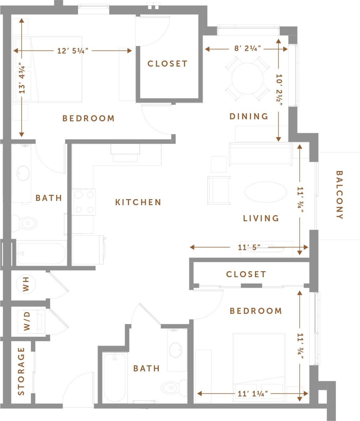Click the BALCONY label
339,195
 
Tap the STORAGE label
21,371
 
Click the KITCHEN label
138,202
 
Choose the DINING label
249,116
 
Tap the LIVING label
261,218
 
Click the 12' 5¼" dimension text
73,51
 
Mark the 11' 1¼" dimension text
253,394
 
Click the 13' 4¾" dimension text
22,78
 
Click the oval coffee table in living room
265,192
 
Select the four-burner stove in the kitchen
84,202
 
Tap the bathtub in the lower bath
114,378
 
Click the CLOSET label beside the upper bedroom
168,64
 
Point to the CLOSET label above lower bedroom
246,274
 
